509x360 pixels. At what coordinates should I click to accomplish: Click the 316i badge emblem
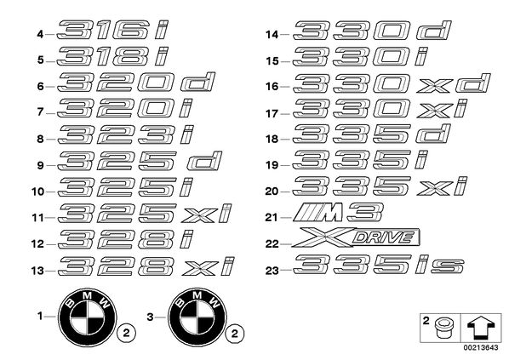pyautogui.click(x=112, y=30)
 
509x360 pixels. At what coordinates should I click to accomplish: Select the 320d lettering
pyautogui.click(x=136, y=82)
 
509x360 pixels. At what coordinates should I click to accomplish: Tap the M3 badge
pyautogui.click(x=338, y=212)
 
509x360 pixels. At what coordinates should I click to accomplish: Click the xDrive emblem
pyautogui.click(x=356, y=237)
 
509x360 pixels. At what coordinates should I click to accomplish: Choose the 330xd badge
pyautogui.click(x=392, y=83)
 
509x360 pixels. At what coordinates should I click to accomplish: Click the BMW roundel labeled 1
pyautogui.click(x=88, y=317)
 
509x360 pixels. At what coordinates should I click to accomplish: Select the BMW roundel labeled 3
pyautogui.click(x=197, y=317)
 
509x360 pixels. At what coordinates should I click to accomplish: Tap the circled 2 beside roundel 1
pyautogui.click(x=126, y=334)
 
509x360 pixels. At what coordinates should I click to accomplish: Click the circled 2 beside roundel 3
pyautogui.click(x=235, y=334)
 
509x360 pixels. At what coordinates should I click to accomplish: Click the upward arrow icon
pyautogui.click(x=481, y=328)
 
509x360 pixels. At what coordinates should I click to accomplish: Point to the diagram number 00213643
pyautogui.click(x=480, y=348)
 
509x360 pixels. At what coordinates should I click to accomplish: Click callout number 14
pyautogui.click(x=272, y=34)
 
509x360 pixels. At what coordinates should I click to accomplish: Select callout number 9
pyautogui.click(x=40, y=166)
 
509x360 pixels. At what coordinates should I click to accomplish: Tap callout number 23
pyautogui.click(x=272, y=271)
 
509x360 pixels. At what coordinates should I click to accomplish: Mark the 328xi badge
pyautogui.click(x=146, y=266)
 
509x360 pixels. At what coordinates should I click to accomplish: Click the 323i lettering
pyautogui.click(x=126, y=134)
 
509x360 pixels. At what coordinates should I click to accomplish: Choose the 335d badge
pyautogui.click(x=372, y=134)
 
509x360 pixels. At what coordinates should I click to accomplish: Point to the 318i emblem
pyautogui.click(x=113, y=56)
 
